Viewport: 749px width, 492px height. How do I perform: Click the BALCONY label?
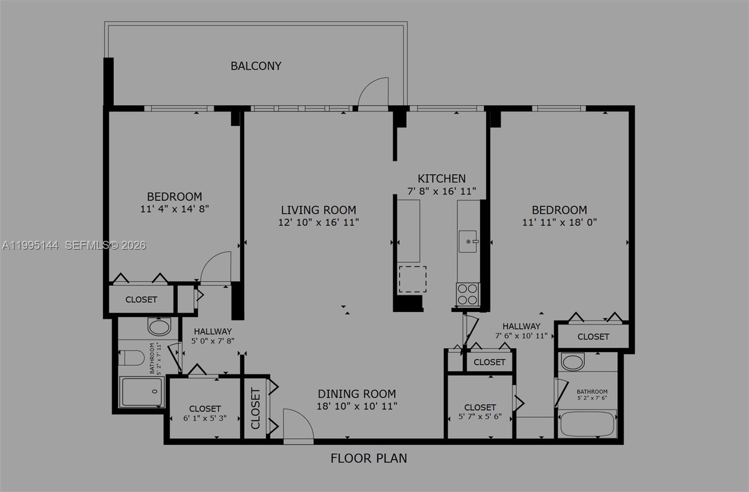coord(256,66)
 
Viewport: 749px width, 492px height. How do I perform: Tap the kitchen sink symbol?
coord(468,241)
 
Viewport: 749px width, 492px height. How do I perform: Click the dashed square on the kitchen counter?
coord(412,279)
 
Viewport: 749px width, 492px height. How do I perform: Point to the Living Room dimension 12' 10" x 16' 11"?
coord(318,222)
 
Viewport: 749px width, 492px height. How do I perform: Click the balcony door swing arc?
coord(373,92)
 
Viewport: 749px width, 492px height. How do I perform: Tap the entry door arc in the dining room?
coord(298,425)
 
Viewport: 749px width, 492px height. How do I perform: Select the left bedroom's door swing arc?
coord(216,267)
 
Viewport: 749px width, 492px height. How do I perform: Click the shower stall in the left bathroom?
coord(141,391)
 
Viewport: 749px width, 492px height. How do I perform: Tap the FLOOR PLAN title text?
coord(368,458)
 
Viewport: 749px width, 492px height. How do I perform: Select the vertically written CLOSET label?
coord(255,408)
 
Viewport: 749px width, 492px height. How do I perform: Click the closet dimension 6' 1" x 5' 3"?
coord(205,418)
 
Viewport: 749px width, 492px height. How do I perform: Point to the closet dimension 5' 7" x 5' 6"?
coord(480,416)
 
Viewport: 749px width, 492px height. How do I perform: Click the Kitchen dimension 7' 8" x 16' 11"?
coord(441,191)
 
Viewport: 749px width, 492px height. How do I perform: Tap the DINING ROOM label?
coord(357,394)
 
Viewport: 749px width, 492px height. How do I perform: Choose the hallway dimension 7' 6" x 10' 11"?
coord(521,336)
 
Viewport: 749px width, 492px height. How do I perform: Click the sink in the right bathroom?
coord(573,362)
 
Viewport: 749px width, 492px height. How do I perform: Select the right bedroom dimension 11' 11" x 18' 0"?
coord(559,222)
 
